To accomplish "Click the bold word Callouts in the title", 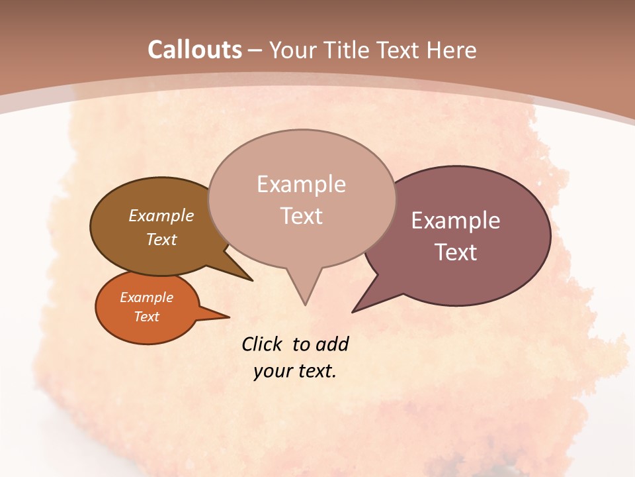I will click(194, 50).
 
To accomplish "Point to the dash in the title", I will click(255, 50).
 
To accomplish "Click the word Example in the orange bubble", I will click(147, 297).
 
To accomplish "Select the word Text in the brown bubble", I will click(161, 239).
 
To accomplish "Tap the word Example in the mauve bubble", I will click(456, 221).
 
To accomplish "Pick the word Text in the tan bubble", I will click(302, 216).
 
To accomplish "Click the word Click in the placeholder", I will click(262, 344).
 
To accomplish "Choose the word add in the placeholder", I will click(332, 344).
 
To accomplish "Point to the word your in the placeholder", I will click(273, 371).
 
